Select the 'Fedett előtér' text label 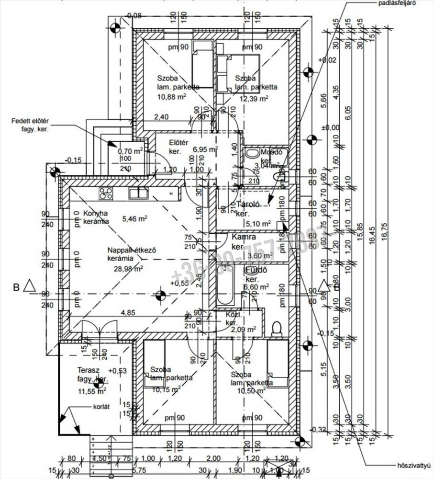point(31,121)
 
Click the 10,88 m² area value point(172,96)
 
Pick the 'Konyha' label point(96,213)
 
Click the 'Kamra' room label point(244,237)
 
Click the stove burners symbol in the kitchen point(106,193)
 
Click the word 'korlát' point(102,407)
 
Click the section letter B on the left point(16,287)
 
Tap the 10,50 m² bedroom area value point(251,391)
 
